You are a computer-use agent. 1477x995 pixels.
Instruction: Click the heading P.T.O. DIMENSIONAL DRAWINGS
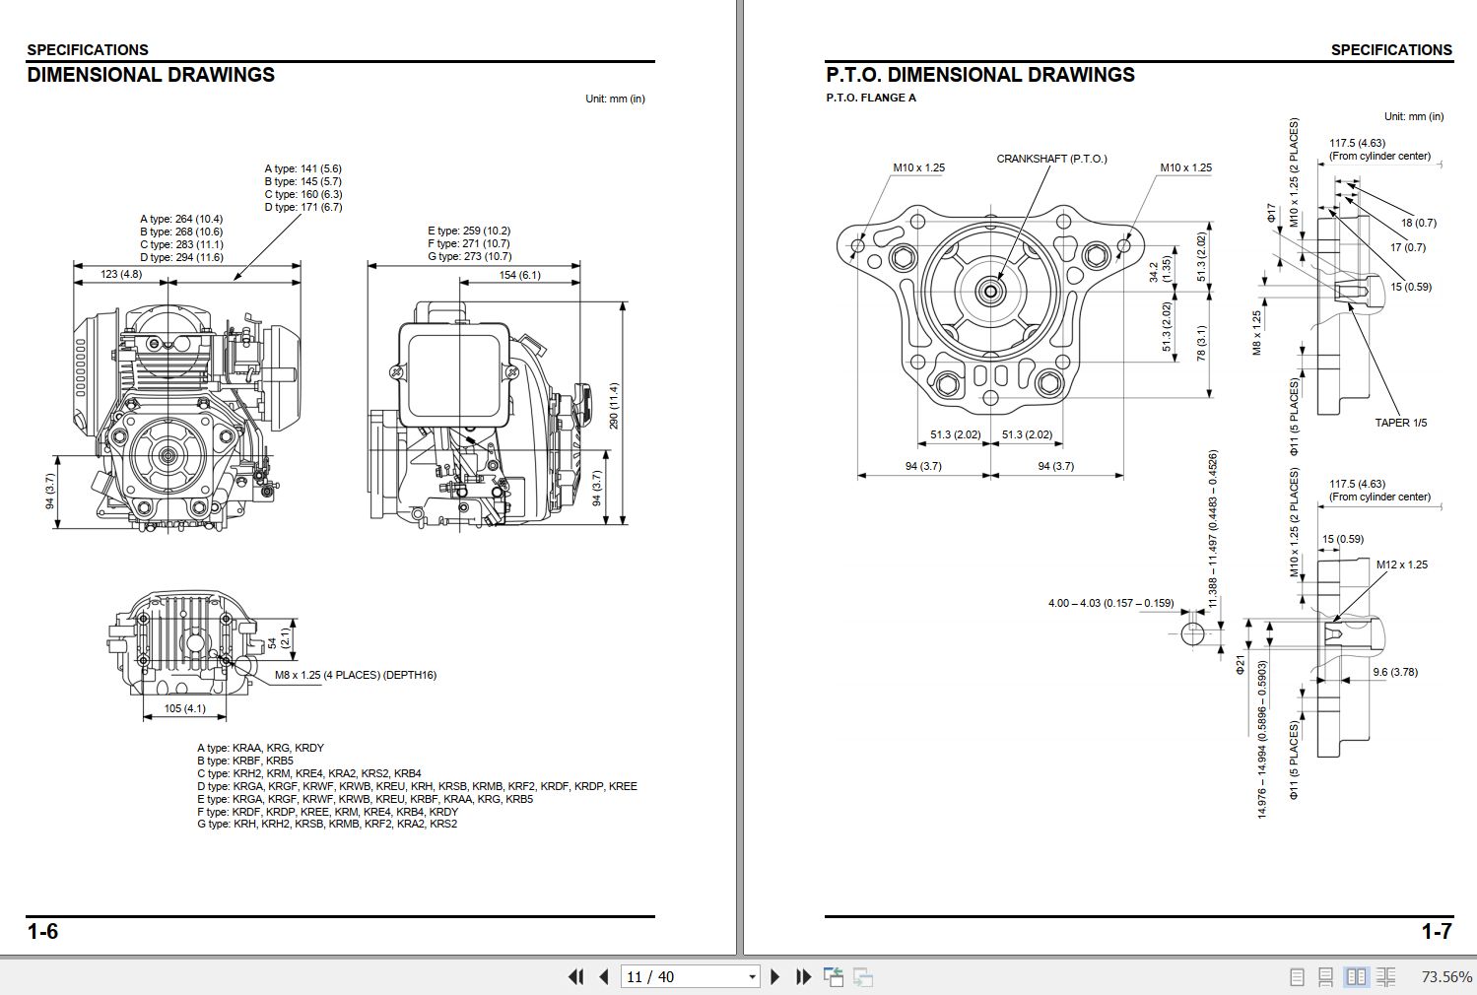(979, 75)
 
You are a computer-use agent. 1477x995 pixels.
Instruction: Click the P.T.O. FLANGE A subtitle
(871, 98)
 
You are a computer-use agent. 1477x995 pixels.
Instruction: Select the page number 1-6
(42, 932)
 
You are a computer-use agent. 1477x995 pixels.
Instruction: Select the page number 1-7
(1436, 932)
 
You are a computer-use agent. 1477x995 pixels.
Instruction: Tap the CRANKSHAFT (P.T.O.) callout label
(1051, 159)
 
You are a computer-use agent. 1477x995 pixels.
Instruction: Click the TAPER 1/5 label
(1400, 423)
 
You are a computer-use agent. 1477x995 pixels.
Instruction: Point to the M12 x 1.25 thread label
(1401, 564)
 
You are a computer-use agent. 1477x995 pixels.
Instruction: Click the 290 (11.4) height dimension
(614, 406)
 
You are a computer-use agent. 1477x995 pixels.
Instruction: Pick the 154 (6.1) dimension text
(519, 275)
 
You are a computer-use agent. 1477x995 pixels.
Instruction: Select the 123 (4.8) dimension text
(121, 274)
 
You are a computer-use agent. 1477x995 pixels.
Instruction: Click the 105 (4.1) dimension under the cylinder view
(184, 708)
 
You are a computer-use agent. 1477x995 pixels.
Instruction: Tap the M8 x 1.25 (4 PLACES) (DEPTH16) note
(355, 675)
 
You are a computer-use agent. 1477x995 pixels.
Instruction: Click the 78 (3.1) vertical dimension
(1201, 343)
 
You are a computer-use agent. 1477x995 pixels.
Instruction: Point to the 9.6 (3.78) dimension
(1395, 672)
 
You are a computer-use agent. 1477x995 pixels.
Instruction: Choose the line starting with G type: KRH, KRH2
(326, 824)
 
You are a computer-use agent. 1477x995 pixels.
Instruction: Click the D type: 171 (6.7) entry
(302, 207)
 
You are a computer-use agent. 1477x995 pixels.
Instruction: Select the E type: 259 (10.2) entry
(469, 231)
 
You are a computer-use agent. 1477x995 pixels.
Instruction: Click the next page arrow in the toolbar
(774, 976)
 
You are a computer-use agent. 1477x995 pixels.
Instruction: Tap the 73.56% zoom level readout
(1445, 976)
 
